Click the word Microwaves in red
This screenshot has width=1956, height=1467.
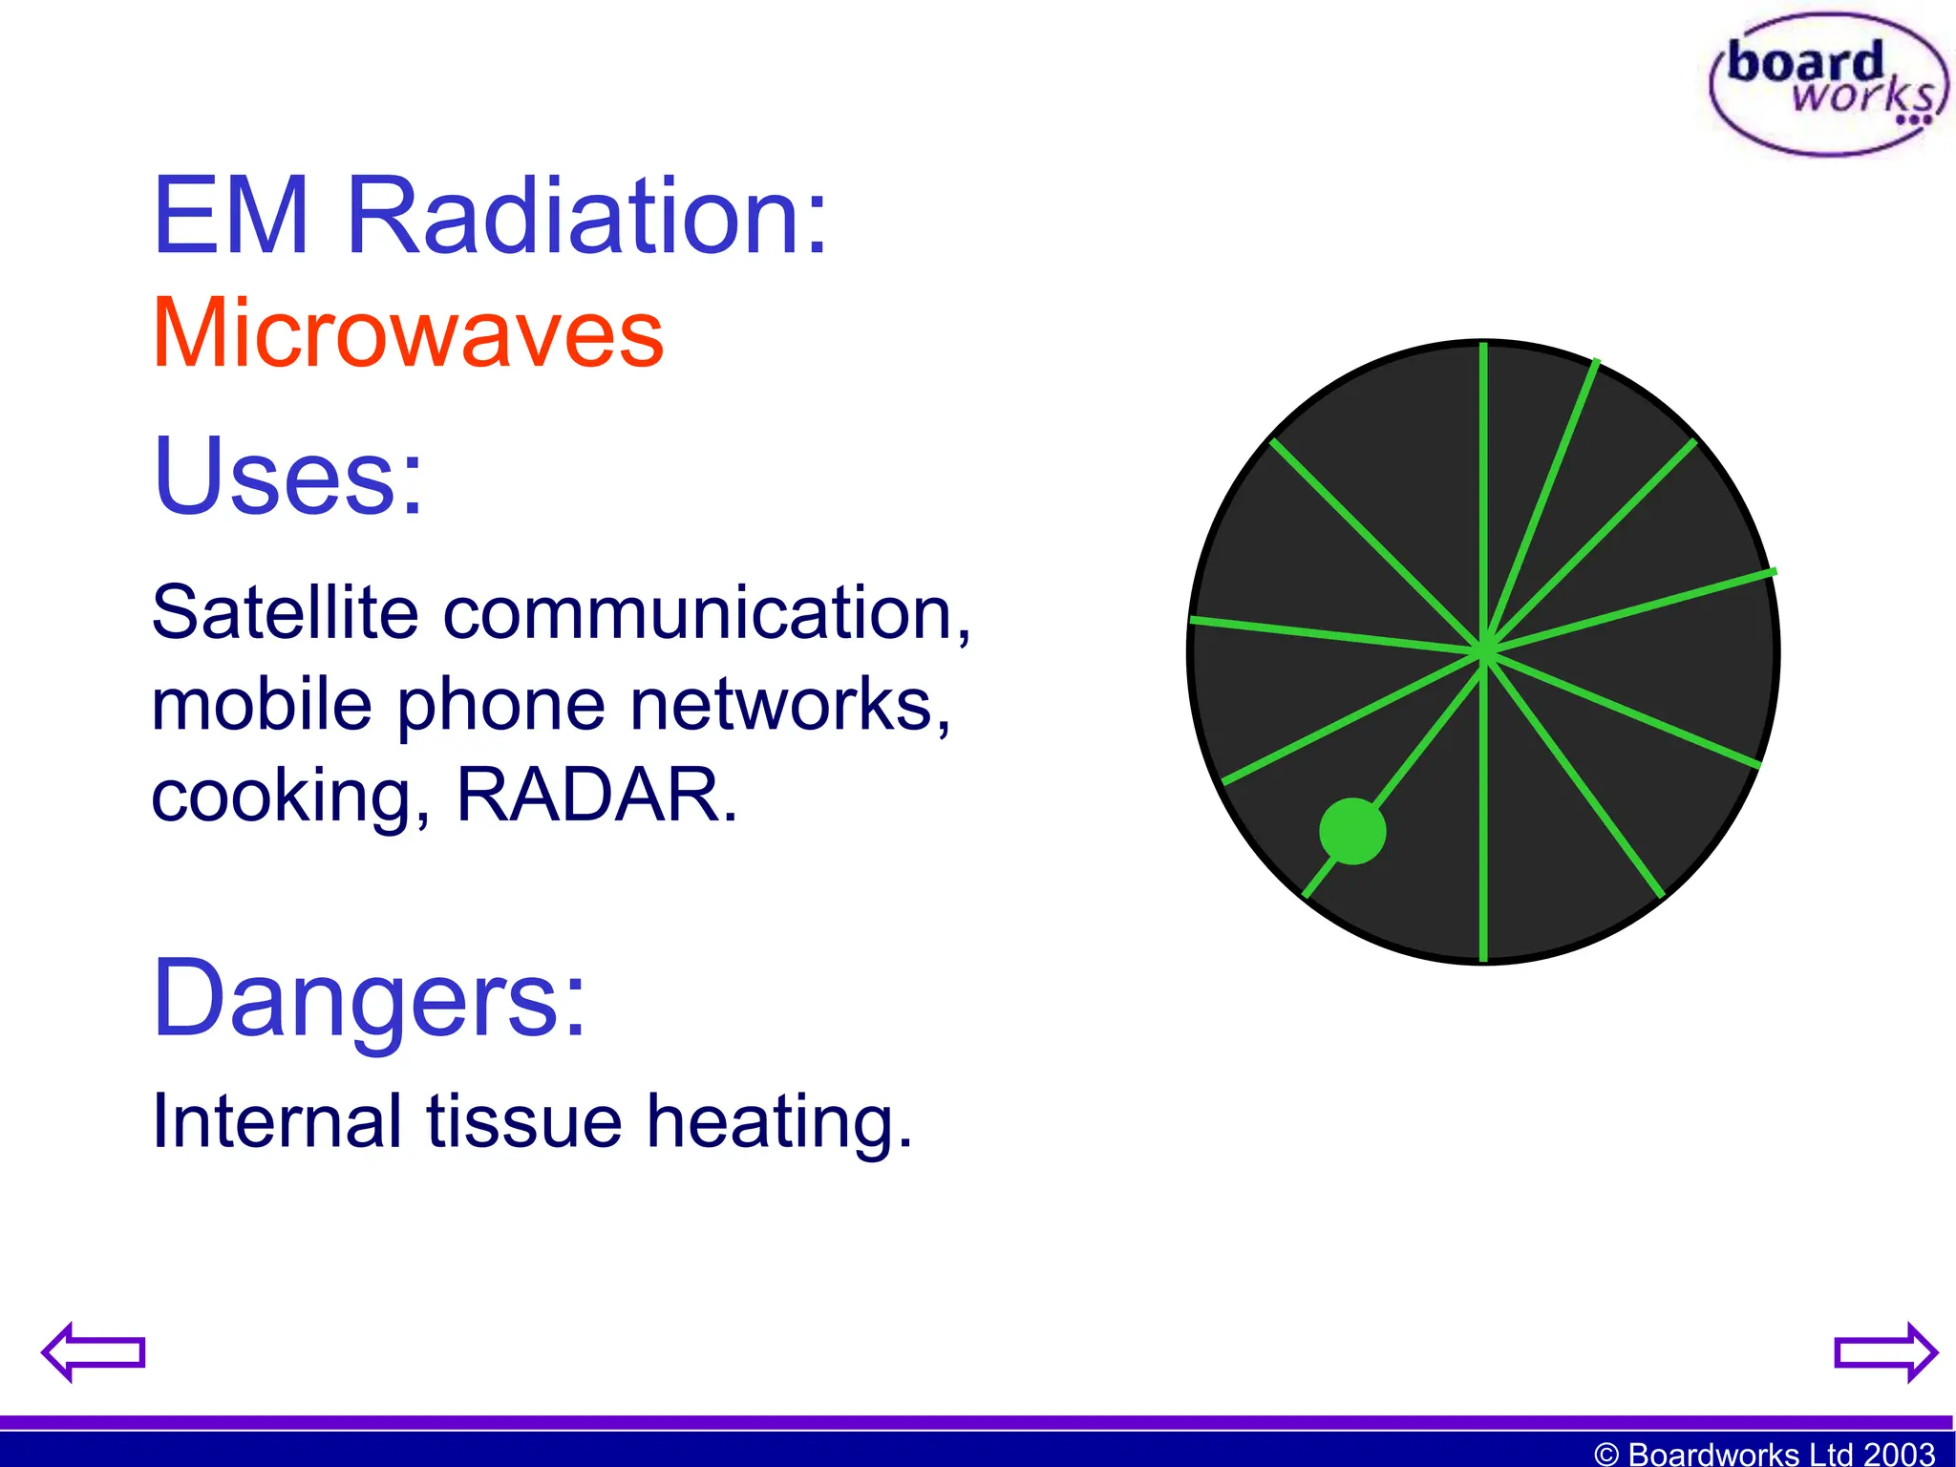point(408,333)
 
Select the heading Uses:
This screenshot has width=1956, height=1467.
point(287,476)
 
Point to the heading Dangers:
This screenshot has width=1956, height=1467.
point(369,999)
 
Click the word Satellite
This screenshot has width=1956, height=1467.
point(285,612)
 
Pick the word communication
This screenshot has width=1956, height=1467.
point(706,614)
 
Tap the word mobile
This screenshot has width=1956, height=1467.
point(261,705)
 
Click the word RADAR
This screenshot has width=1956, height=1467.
point(595,795)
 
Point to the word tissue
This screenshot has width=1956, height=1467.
point(523,1120)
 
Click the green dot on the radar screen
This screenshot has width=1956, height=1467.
point(1352,831)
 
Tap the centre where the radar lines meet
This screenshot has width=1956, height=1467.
point(1484,652)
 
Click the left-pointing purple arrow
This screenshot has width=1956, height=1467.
point(93,1351)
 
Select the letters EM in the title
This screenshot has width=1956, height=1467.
point(231,217)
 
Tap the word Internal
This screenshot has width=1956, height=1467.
point(276,1120)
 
